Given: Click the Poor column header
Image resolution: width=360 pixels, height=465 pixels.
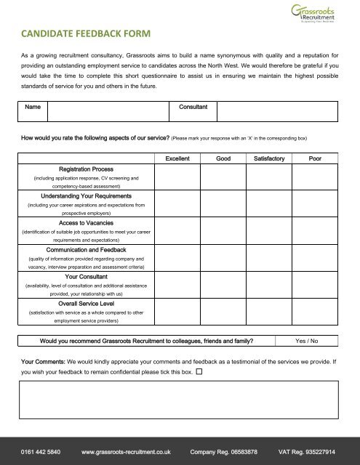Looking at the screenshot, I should [316, 158].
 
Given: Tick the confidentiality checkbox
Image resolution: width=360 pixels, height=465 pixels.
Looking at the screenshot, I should [199, 371].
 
